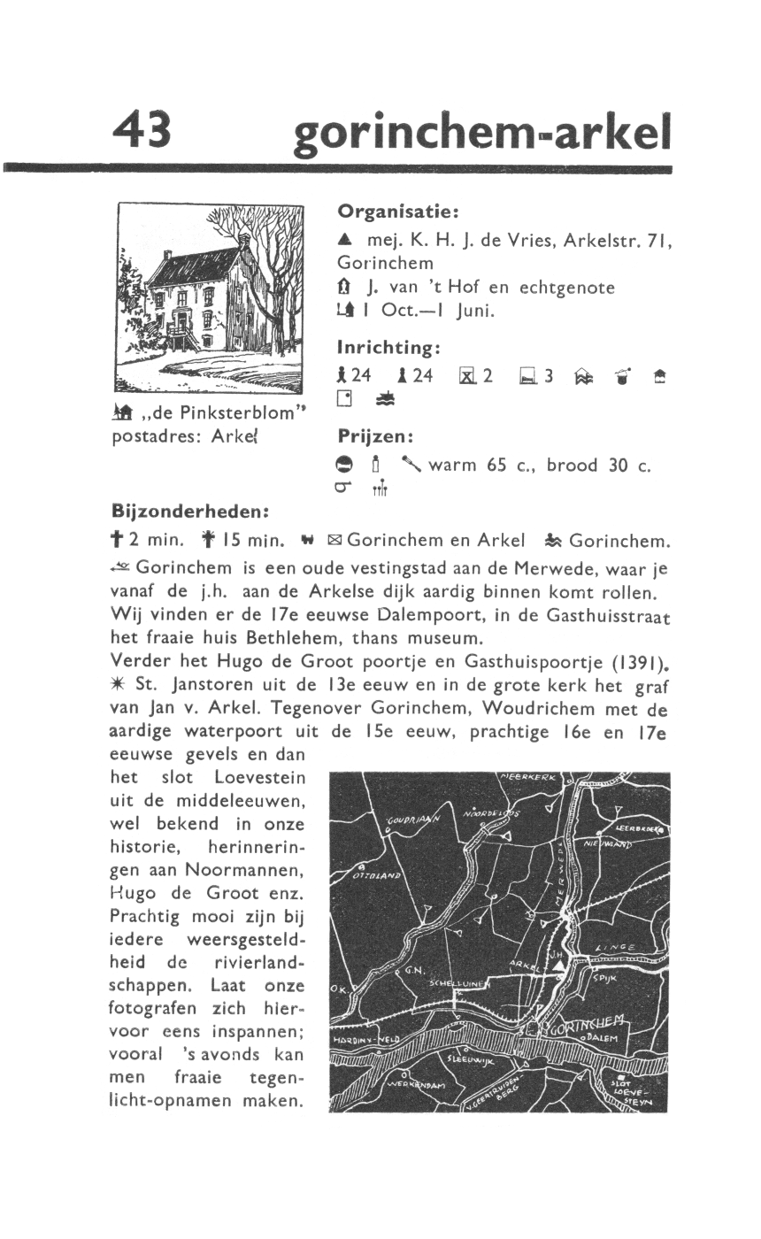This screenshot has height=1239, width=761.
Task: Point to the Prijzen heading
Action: [376, 437]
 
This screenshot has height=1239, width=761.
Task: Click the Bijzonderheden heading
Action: [189, 511]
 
